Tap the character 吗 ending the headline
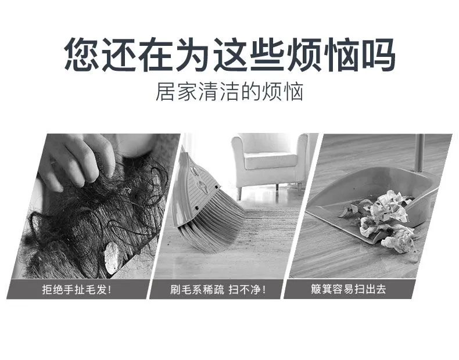pos(379,55)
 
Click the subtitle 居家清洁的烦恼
pos(229,92)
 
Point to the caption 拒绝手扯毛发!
pos(77,290)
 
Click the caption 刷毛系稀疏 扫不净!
pos(218,290)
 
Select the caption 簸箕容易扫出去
pos(349,289)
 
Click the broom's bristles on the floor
pos(211,225)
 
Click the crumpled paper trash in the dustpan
pos(383,219)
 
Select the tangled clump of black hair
pos(94,217)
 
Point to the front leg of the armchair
pos(239,193)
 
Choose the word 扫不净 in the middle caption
pos(248,290)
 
